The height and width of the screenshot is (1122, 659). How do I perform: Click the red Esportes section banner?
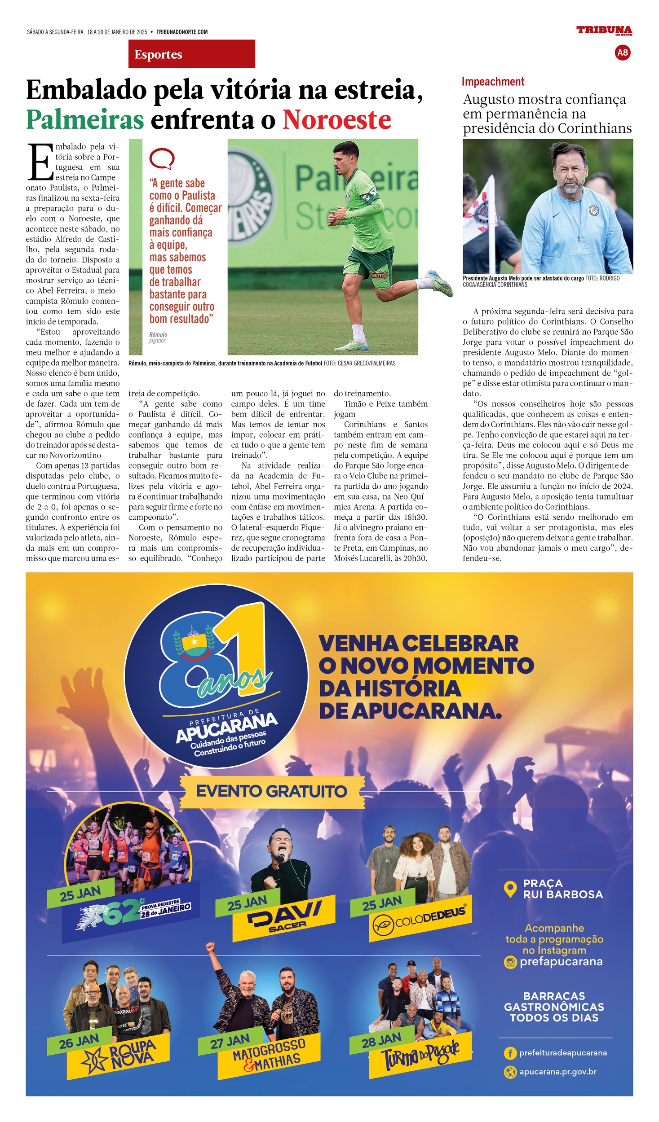(x=191, y=54)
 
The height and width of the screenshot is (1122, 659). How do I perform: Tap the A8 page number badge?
(x=622, y=53)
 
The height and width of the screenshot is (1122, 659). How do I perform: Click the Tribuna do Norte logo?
(x=604, y=31)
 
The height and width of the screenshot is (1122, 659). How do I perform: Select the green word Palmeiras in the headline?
(x=85, y=120)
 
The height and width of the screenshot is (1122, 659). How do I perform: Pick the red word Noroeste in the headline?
(x=336, y=120)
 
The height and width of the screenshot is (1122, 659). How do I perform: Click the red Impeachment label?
(x=493, y=82)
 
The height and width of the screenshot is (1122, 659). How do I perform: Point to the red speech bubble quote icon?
(x=161, y=159)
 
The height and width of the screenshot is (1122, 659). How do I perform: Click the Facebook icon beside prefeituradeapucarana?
(x=510, y=1053)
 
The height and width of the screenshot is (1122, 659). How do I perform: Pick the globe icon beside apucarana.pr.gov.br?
(x=510, y=1072)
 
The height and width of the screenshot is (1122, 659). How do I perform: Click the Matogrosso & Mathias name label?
(x=269, y=1055)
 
